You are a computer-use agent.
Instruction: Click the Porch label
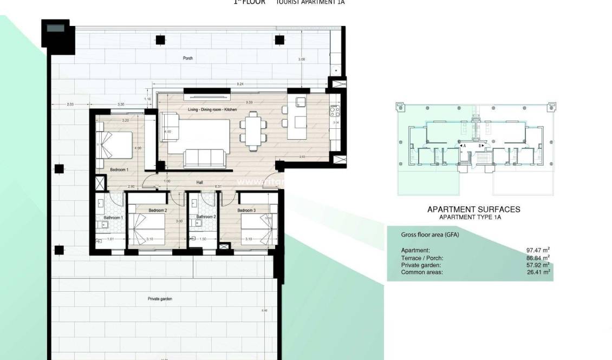(x=188, y=58)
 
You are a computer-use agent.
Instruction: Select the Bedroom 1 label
(x=119, y=170)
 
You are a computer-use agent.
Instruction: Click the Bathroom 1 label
(x=114, y=218)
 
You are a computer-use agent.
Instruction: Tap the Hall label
(x=200, y=183)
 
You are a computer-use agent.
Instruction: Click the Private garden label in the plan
(x=160, y=298)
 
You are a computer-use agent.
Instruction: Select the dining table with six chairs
(x=253, y=129)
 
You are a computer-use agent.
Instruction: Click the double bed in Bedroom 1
(x=114, y=145)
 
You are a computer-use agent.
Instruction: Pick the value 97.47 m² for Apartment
(x=538, y=250)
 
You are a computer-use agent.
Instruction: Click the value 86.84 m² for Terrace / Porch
(x=538, y=258)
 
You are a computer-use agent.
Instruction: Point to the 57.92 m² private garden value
(x=538, y=265)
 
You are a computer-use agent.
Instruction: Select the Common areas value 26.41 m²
(x=538, y=272)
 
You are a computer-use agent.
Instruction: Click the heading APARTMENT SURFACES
(x=473, y=209)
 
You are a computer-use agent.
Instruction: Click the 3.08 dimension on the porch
(x=302, y=59)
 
